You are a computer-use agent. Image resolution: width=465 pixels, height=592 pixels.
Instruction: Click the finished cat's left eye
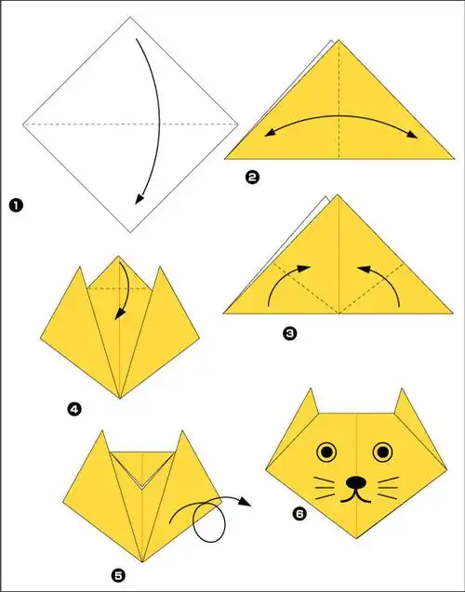pos(326,453)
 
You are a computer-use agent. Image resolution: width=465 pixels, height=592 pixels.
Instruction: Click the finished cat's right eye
pos(382,453)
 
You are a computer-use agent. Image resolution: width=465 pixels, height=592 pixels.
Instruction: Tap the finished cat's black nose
pos(355,483)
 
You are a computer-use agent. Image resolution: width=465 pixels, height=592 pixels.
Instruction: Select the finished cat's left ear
pos(307,405)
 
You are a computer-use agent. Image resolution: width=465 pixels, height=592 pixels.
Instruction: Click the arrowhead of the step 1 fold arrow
pos(137,198)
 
